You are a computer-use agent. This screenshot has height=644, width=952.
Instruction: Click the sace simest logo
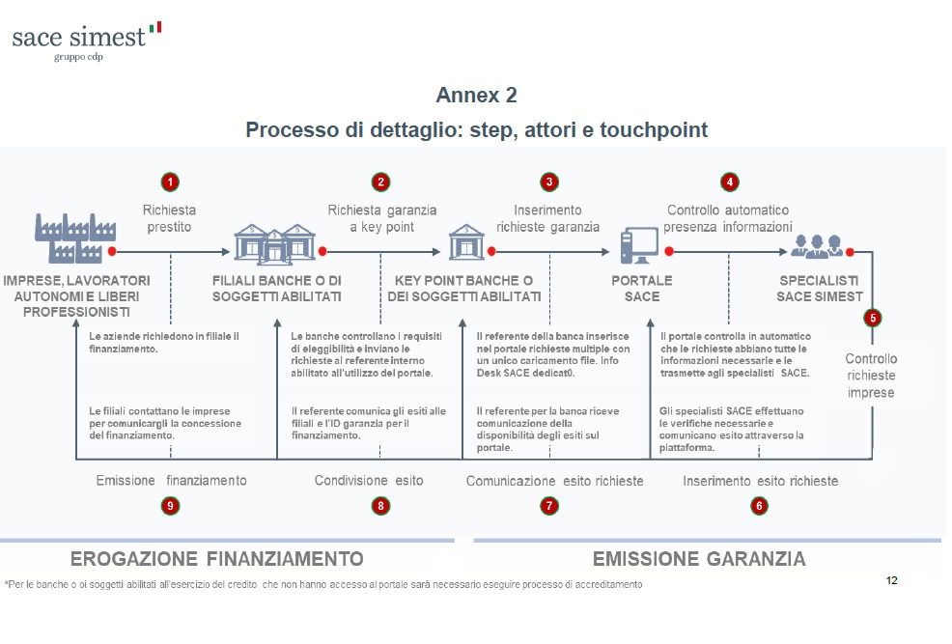[86, 40]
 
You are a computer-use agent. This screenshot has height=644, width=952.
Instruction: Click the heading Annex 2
[476, 95]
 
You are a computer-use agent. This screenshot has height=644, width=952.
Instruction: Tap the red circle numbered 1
[170, 182]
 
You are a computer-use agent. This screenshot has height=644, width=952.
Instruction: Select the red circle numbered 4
[729, 182]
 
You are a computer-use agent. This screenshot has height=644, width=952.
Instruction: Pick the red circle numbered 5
[873, 317]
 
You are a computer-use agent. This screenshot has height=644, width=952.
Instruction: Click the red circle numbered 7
[549, 505]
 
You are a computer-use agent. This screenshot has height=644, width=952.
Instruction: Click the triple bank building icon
[275, 241]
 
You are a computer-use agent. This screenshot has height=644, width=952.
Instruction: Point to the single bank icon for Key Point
[466, 241]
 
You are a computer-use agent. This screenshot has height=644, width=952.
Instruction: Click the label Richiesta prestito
[169, 218]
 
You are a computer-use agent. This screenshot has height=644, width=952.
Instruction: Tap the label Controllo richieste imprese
[871, 376]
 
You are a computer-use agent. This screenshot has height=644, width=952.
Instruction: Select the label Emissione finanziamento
[171, 480]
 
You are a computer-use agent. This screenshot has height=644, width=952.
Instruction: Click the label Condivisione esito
[369, 480]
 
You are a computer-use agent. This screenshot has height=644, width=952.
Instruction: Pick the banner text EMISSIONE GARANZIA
[698, 559]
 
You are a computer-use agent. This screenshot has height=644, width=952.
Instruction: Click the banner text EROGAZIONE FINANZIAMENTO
[217, 559]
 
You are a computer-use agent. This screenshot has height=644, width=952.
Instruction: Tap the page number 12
[891, 580]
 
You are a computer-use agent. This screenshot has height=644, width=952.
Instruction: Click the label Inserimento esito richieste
[760, 480]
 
